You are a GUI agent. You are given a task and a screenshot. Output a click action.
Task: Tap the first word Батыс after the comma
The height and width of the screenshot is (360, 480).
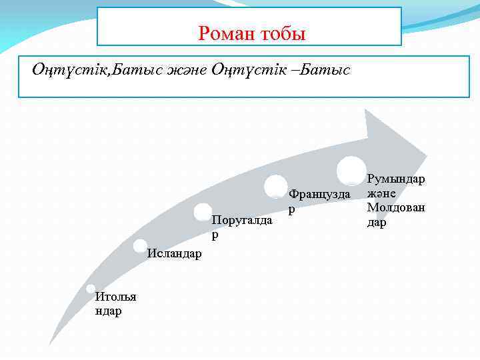click(x=137, y=69)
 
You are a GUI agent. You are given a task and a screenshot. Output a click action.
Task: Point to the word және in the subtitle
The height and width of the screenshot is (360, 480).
click(x=187, y=69)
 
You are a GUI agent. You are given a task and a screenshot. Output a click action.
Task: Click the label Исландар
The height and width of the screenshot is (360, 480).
click(x=175, y=253)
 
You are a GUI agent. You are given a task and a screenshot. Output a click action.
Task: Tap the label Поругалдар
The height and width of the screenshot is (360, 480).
click(x=241, y=227)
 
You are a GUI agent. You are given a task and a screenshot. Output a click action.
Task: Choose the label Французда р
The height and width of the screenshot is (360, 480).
click(x=319, y=200)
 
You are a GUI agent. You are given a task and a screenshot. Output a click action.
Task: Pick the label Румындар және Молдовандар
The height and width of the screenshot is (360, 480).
click(x=395, y=201)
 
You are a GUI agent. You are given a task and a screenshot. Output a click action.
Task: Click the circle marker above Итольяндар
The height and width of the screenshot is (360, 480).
click(x=90, y=289)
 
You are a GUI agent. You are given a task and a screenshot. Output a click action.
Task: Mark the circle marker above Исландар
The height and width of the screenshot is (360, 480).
click(x=140, y=246)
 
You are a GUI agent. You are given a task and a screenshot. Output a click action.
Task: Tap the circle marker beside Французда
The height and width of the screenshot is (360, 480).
click(x=276, y=186)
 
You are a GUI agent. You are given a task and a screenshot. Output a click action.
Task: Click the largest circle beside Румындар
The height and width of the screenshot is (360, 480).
click(x=351, y=171)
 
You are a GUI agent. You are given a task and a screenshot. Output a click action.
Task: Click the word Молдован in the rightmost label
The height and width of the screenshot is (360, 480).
click(x=395, y=207)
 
